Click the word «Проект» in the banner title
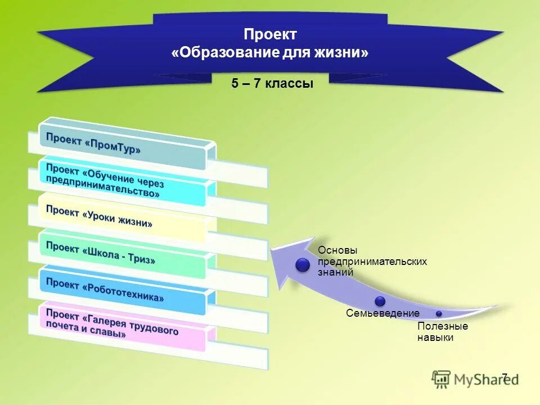click(270, 35)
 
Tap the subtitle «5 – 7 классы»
click(272, 84)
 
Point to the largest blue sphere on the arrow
click(303, 265)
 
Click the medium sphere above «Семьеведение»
click(380, 301)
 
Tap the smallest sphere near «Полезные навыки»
click(439, 313)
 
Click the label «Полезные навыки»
click(442, 332)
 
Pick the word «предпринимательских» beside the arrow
click(372, 262)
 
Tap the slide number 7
click(505, 377)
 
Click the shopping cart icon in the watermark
click(442, 380)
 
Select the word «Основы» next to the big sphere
click(337, 250)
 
